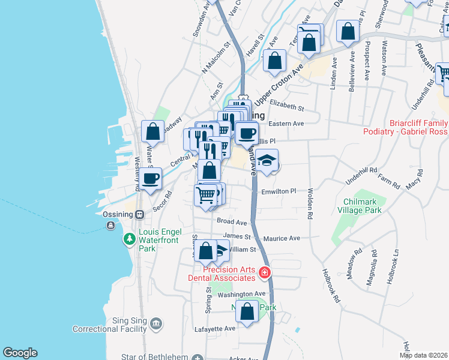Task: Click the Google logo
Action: pos(20,353)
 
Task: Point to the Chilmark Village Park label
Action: pos(370,206)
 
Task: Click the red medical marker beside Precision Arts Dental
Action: pos(265,274)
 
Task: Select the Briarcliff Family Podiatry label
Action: pos(406,127)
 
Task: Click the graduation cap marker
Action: pos(268,161)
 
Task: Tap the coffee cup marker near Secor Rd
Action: pos(151,177)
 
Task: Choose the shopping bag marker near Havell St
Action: pos(274,61)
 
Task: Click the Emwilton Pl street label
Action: pos(280,191)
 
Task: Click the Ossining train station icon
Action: pos(139,214)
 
